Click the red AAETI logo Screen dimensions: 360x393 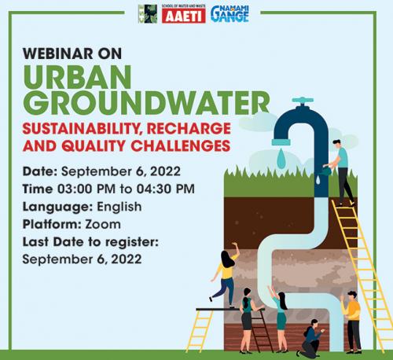(183, 14)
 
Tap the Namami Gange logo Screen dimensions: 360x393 (229, 13)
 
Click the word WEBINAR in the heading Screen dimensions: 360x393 (56, 54)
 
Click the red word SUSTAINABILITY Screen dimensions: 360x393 (87, 127)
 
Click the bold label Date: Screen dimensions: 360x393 (40, 171)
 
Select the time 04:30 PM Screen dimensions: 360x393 (167, 189)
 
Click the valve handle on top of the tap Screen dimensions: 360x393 (302, 101)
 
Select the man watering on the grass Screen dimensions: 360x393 (341, 170)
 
